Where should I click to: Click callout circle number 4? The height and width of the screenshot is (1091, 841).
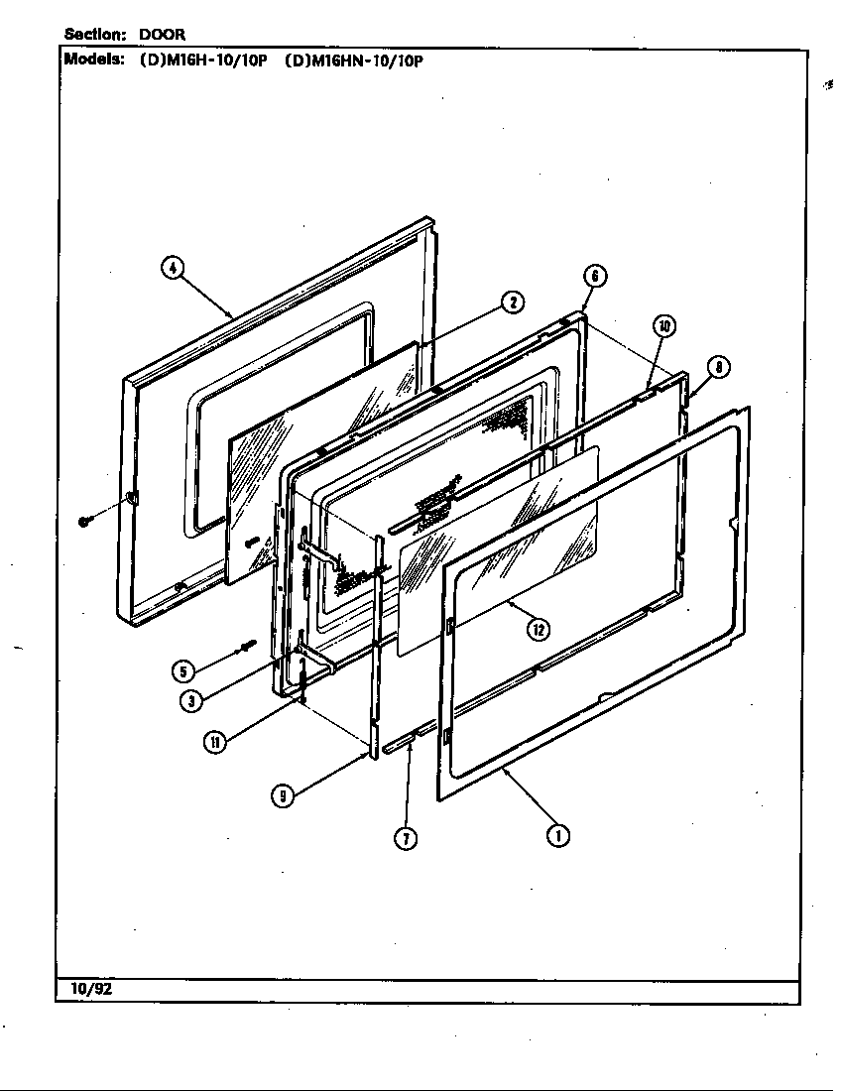coord(173,268)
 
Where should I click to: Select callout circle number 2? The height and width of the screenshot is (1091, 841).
coord(512,303)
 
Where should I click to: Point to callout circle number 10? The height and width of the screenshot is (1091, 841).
coord(663,326)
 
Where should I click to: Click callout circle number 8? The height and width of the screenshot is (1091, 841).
coord(719,367)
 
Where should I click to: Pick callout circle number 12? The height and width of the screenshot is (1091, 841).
coord(538,628)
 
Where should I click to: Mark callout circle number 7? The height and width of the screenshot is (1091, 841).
coord(406,838)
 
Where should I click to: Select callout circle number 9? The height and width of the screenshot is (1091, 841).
coord(284,795)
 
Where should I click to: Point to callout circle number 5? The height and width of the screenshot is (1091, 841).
coord(182,671)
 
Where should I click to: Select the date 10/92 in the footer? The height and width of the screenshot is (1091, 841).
coord(90,989)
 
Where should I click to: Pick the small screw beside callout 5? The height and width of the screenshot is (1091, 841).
coord(243,650)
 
